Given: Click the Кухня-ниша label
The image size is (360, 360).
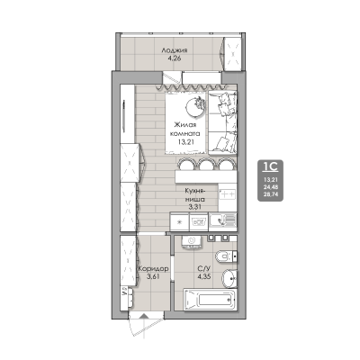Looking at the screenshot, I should [196, 195].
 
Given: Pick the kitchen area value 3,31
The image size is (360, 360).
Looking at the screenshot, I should [195, 207].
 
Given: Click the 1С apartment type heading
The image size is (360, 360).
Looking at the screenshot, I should [269, 166].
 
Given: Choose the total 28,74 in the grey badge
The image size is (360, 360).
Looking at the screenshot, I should [269, 194].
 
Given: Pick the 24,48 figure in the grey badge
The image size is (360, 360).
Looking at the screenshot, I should [269, 186].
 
